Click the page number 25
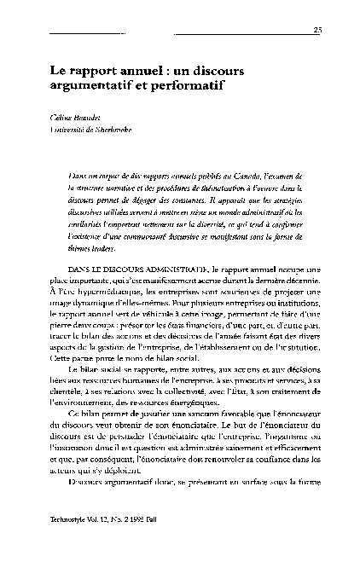(317, 31)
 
